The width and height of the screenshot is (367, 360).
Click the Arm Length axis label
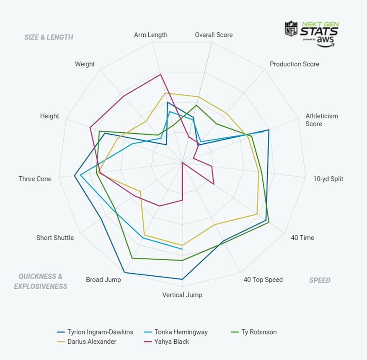click(150, 35)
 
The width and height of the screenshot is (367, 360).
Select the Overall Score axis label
click(214, 35)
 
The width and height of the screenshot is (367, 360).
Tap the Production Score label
click(294, 64)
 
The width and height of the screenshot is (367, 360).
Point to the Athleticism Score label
click(321, 120)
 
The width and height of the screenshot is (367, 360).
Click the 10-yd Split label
click(328, 179)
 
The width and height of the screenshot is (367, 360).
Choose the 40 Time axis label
click(302, 238)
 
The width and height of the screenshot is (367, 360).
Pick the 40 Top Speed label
click(263, 280)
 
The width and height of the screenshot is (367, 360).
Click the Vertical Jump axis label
click(182, 295)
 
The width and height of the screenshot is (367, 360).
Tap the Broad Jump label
click(103, 280)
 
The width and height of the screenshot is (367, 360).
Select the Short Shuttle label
click(55, 238)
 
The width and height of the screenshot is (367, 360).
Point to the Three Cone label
click(35, 179)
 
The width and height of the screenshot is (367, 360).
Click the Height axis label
click(49, 116)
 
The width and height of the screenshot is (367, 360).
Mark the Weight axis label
click(85, 64)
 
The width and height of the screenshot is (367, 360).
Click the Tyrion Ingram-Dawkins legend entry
click(100, 332)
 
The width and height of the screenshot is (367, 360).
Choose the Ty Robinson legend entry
click(258, 332)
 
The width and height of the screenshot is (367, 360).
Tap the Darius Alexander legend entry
click(92, 342)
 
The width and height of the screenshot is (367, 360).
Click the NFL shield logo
click(291, 28)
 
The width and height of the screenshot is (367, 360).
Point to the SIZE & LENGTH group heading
click(49, 37)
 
